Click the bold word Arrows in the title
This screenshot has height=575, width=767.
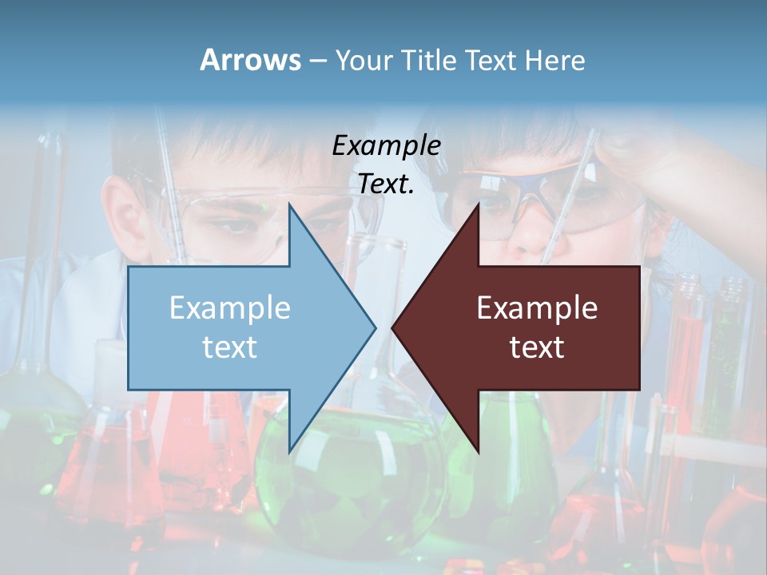pyautogui.click(x=250, y=60)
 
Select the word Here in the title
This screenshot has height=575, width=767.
pyautogui.click(x=554, y=61)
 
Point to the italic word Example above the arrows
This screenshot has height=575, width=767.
pyautogui.click(x=386, y=146)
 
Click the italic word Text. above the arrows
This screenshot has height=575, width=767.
pyautogui.click(x=386, y=184)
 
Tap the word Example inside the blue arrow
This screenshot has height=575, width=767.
pyautogui.click(x=230, y=308)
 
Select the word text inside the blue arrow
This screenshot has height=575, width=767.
pyautogui.click(x=229, y=347)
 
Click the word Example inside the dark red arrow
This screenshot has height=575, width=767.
pyautogui.click(x=537, y=308)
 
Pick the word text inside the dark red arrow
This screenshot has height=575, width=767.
pyautogui.click(x=537, y=347)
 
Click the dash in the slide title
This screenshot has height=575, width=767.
pyautogui.click(x=317, y=61)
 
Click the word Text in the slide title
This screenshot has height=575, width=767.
pyautogui.click(x=493, y=61)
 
